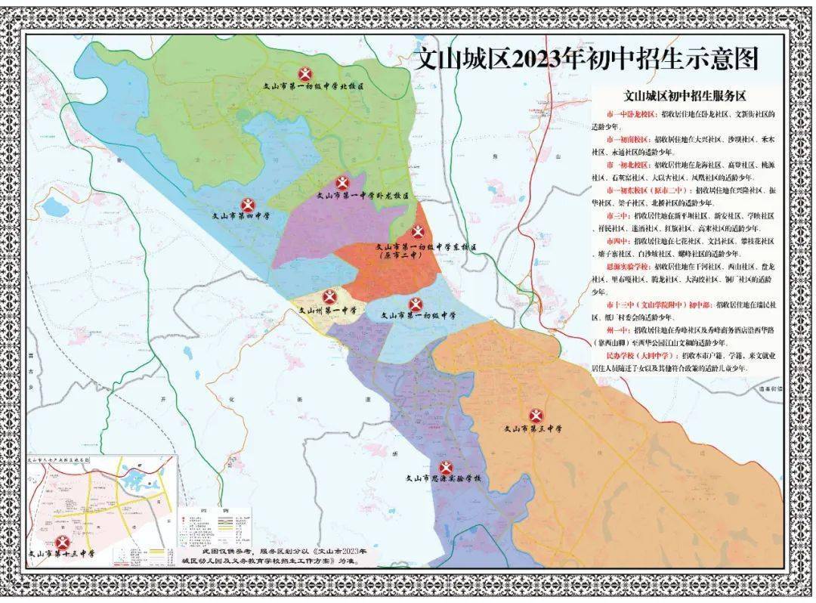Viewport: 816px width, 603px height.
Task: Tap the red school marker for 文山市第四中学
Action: click(x=248, y=205)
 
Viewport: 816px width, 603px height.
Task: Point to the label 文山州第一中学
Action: click(x=329, y=310)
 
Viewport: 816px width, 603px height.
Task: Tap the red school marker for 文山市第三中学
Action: click(x=536, y=416)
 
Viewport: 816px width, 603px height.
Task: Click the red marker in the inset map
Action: click(x=62, y=542)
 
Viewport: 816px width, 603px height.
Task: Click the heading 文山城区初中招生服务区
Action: click(x=685, y=97)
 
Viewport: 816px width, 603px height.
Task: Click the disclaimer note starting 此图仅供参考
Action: click(x=268, y=558)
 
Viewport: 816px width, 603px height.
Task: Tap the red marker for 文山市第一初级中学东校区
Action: click(x=418, y=233)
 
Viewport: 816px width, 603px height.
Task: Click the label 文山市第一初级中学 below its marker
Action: click(x=417, y=316)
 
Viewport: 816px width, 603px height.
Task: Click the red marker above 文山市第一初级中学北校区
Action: click(x=305, y=74)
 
